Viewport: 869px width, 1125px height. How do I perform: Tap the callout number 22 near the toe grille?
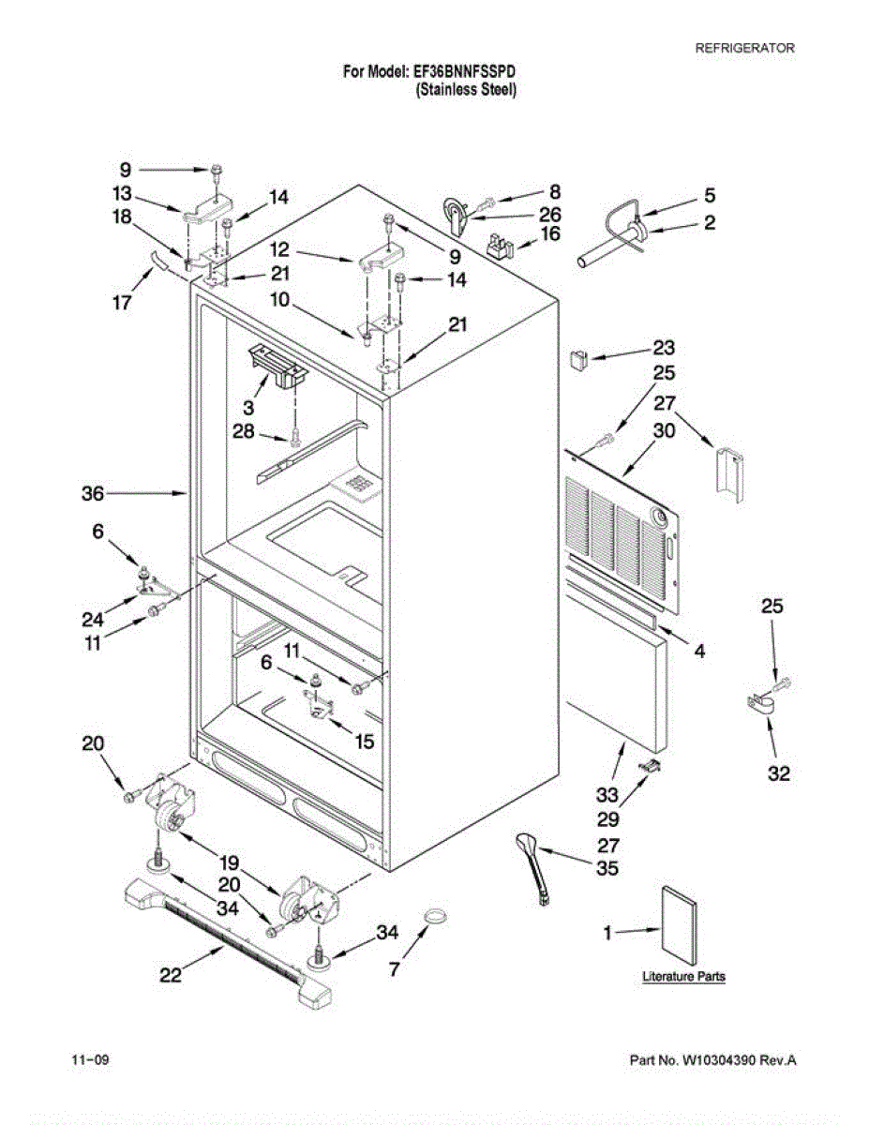click(170, 975)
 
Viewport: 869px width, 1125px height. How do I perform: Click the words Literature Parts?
click(683, 977)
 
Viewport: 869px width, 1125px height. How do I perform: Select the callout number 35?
click(607, 869)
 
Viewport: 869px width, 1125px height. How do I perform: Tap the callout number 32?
click(779, 773)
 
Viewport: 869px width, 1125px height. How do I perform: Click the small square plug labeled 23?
click(578, 357)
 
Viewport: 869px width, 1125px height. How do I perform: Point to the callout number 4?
click(699, 650)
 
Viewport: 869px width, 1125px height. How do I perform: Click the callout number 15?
click(365, 741)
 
